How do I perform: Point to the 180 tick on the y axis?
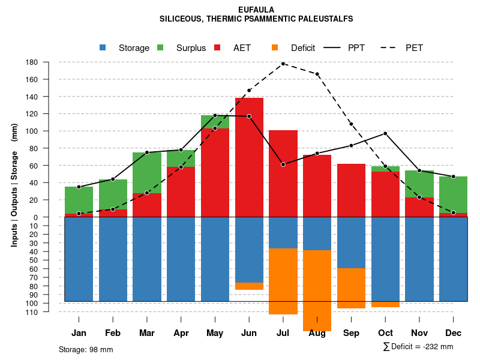32,62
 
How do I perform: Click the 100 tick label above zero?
32,131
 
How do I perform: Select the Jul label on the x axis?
283,333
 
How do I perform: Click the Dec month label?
453,333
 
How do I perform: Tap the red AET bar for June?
249,156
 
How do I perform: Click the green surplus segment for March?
147,173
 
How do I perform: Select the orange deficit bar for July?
283,281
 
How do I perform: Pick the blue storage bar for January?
79,259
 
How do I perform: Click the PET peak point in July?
283,64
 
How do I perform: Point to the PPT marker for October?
385,133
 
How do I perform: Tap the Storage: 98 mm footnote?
86,349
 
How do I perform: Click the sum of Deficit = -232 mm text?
418,347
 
